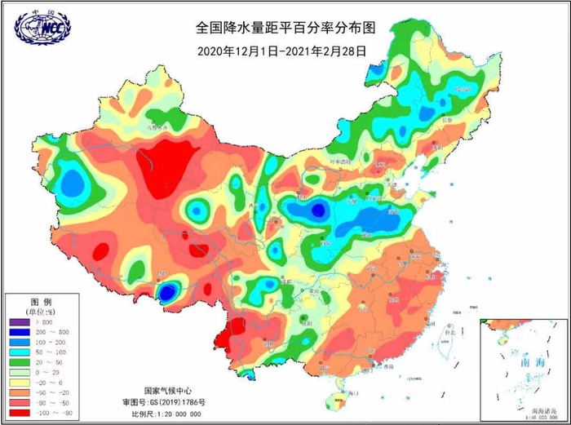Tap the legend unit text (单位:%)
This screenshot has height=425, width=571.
click(41, 311)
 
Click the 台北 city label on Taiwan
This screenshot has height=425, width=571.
click(447, 332)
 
